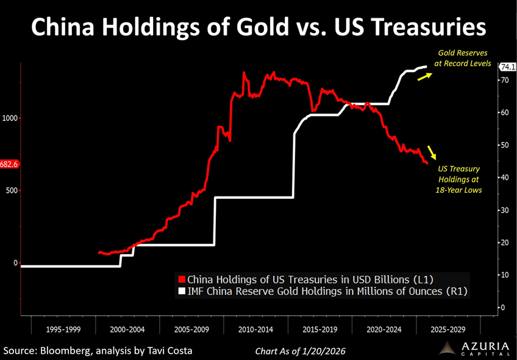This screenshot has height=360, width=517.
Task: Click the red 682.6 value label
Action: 10,164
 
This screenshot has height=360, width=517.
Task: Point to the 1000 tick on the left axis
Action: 10,118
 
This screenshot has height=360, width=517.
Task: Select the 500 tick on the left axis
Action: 12,190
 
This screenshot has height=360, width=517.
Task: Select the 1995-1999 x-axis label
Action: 63,329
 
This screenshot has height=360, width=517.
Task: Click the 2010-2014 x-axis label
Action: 255,329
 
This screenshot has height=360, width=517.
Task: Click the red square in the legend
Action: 181,279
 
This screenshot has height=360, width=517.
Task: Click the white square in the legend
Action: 181,292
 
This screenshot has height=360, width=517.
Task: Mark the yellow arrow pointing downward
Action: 432,153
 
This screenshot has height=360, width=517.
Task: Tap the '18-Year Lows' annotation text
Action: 459,190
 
